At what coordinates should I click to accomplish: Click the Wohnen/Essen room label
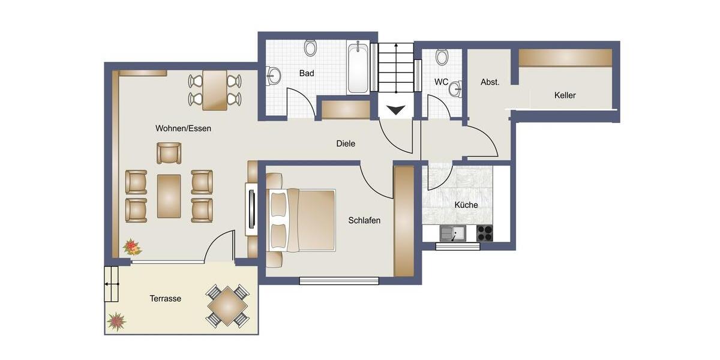183,128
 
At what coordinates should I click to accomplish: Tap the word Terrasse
165,298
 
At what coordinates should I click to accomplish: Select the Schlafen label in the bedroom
364,220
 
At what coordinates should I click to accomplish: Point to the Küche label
466,205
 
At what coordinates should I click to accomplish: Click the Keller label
565,95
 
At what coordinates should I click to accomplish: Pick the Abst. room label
490,82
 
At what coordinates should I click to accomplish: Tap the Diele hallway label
346,143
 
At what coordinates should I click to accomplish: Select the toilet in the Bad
310,47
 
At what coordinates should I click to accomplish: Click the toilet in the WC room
442,57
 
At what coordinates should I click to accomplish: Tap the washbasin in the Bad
274,76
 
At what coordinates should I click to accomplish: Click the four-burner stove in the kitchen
484,233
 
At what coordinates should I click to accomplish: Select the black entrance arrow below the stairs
396,110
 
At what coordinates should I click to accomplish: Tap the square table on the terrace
227,305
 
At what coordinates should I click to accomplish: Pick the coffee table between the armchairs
169,196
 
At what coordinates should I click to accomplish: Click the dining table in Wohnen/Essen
215,90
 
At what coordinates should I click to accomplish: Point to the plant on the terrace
116,322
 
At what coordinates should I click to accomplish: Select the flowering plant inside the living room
131,247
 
